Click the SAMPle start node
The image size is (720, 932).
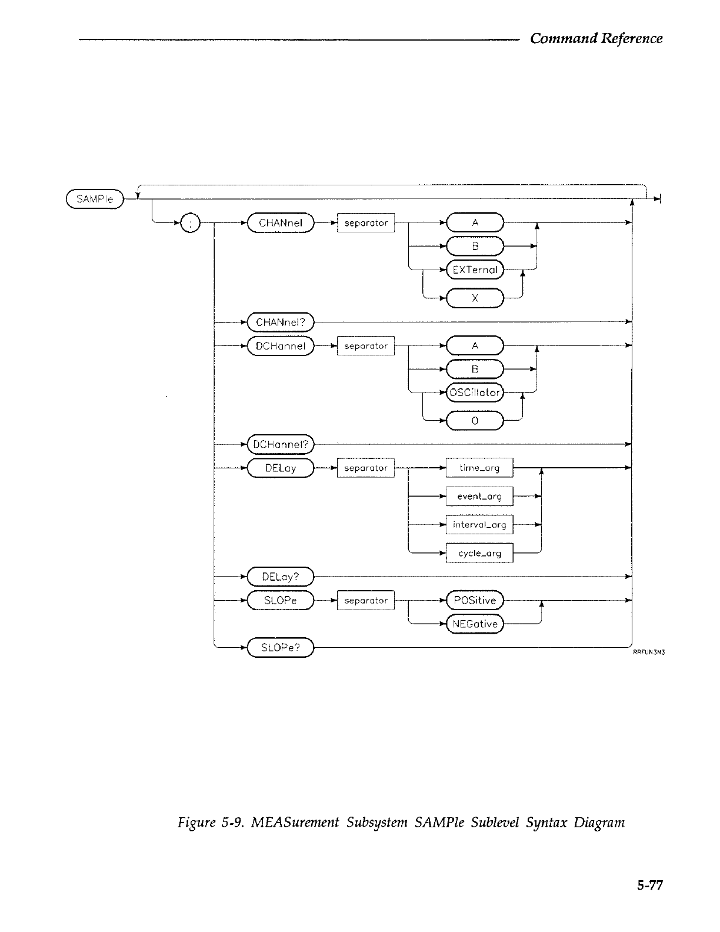click(95, 199)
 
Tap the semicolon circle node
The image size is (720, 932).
click(191, 223)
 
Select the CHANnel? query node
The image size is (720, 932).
click(281, 322)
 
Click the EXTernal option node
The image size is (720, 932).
click(475, 270)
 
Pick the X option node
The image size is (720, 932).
click(475, 298)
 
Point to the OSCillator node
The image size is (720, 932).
click(475, 392)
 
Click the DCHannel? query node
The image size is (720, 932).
click(281, 444)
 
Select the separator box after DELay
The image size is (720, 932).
click(366, 468)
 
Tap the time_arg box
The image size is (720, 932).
click(479, 468)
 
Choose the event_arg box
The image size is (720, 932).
click(479, 496)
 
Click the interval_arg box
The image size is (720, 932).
click(479, 525)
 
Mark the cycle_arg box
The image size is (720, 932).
click(479, 553)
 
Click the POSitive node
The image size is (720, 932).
click(475, 601)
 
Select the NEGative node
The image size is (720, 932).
click(475, 624)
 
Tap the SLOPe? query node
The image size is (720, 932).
click(281, 648)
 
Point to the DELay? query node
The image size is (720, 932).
click(281, 577)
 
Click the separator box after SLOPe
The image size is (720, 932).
click(366, 601)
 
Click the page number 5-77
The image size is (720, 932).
click(649, 885)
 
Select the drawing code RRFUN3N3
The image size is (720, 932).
click(649, 653)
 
